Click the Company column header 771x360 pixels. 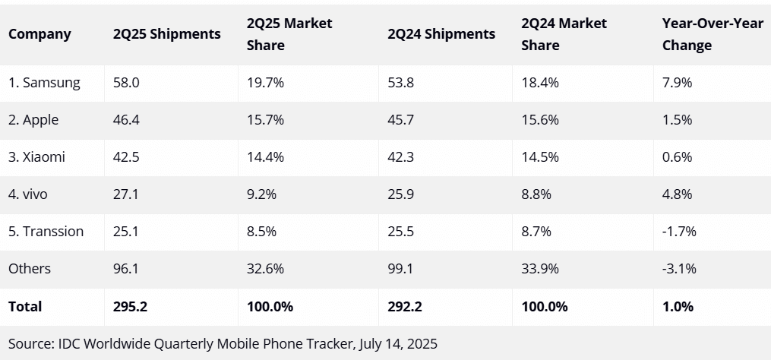point(39,34)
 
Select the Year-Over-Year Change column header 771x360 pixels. point(702,34)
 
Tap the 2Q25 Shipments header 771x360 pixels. point(167,34)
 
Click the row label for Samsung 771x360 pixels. point(44,83)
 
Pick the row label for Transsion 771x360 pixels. point(46,231)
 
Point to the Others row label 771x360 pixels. point(30,268)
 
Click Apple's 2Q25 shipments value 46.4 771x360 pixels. point(125,120)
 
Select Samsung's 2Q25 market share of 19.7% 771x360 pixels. point(265,83)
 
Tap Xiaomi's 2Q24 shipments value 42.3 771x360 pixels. point(400,157)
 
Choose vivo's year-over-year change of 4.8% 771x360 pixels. point(677,194)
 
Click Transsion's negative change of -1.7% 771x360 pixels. point(679,231)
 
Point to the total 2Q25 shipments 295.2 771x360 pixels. point(130,307)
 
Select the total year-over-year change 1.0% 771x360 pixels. point(678,307)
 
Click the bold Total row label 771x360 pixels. point(25,307)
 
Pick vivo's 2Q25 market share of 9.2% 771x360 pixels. point(262,194)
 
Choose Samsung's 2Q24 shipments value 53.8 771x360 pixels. point(400,83)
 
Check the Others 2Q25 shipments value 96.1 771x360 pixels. point(125,268)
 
